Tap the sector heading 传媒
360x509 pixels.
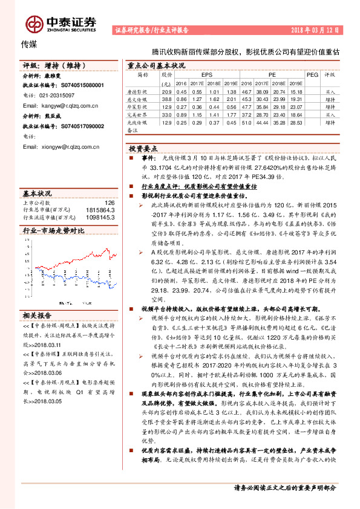29,44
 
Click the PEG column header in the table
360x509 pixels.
312,74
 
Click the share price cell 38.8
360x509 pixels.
167,99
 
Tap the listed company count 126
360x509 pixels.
110,203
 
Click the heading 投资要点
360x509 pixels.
143,148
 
